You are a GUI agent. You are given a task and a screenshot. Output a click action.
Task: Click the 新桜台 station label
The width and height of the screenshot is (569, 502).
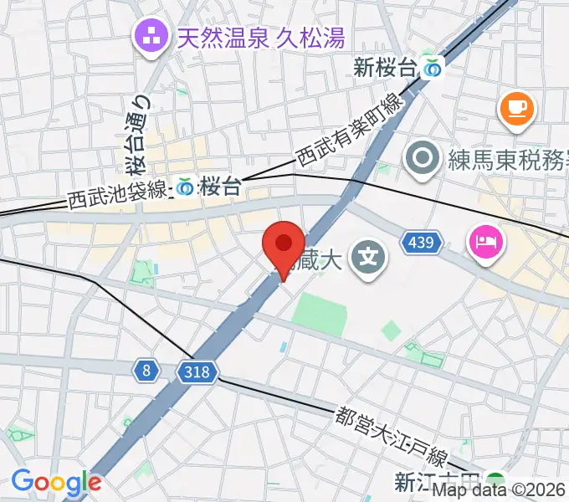(x=384, y=69)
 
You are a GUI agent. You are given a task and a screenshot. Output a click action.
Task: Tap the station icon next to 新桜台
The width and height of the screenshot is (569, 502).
(x=433, y=69)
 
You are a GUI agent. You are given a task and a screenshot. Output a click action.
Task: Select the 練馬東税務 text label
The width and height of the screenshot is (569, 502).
(x=505, y=156)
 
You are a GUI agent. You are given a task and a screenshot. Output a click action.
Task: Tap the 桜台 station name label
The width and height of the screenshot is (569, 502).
(x=220, y=187)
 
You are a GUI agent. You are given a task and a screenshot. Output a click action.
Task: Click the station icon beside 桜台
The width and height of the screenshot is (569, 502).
(x=184, y=187)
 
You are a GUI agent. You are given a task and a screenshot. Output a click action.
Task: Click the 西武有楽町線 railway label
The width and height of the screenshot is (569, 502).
(x=350, y=130)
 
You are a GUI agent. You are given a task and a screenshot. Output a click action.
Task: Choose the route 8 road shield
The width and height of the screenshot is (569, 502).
(x=146, y=369)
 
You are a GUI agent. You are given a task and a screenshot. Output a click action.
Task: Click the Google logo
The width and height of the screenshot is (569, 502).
(x=56, y=482)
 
